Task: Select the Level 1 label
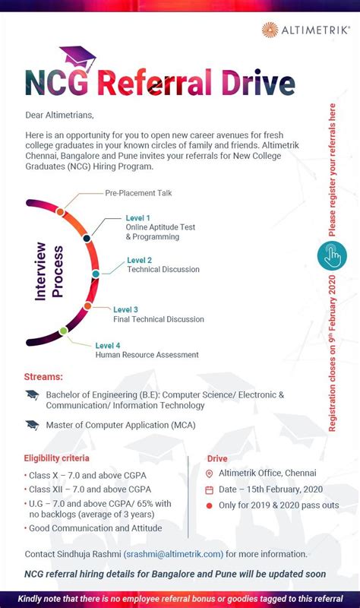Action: tap(137, 218)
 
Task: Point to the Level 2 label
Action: tap(139, 260)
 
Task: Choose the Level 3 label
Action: tap(125, 309)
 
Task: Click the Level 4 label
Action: tap(108, 346)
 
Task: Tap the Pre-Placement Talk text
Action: tap(138, 193)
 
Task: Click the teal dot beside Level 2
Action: tap(96, 273)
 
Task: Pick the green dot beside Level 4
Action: tap(63, 331)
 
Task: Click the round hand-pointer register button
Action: tap(331, 256)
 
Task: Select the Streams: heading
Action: tap(43, 376)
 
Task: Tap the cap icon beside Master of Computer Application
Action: tap(32, 425)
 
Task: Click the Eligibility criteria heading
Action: tap(56, 458)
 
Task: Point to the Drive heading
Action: tap(217, 459)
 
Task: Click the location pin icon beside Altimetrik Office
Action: tap(210, 473)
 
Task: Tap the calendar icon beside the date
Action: tap(210, 489)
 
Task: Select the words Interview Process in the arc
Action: tap(49, 272)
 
